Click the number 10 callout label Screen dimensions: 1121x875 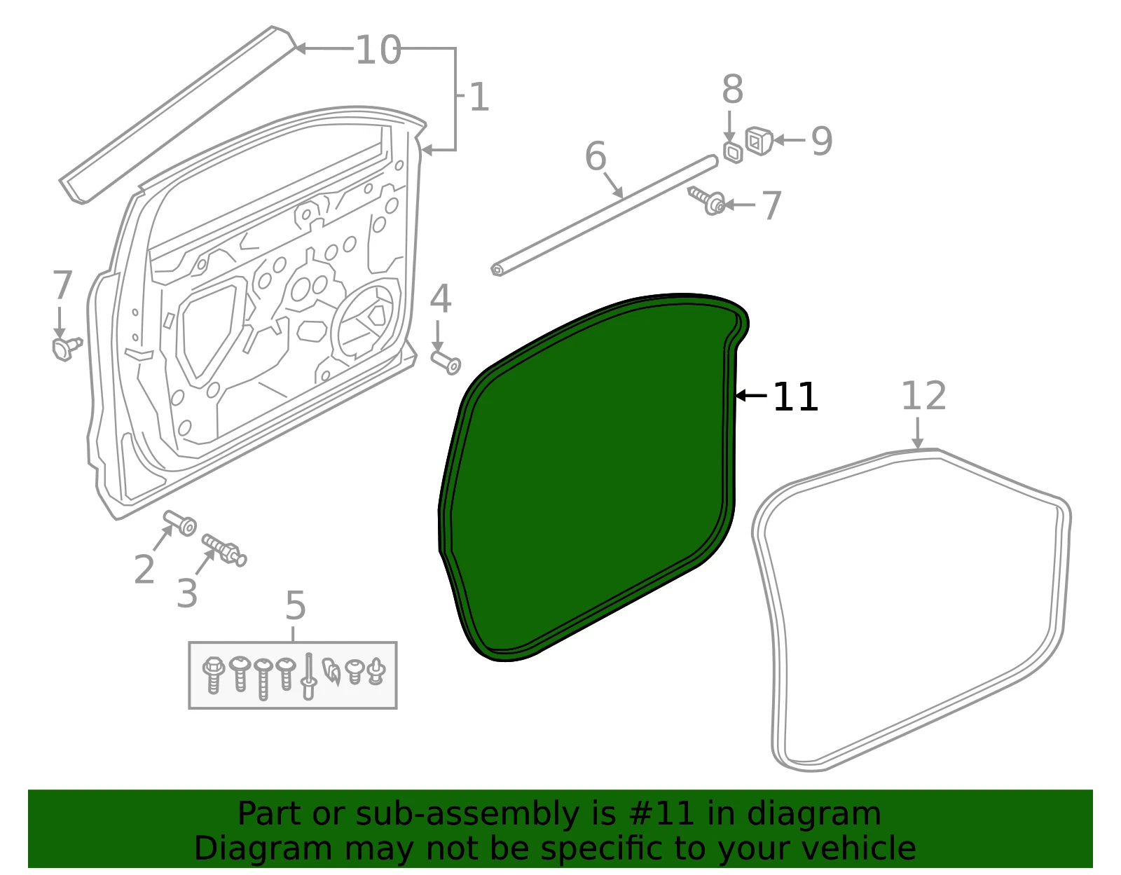(x=378, y=50)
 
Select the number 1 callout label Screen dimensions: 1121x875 (x=479, y=97)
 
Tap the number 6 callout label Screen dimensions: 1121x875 (x=596, y=156)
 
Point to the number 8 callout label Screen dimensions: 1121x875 (x=732, y=89)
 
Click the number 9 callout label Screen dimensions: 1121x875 (x=822, y=141)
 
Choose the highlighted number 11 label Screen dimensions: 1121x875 (x=795, y=397)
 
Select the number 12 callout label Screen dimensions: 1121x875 (x=923, y=396)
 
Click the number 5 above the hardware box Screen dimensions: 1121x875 (x=296, y=605)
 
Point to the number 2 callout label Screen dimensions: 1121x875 (x=144, y=570)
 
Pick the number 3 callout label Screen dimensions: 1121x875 (x=187, y=593)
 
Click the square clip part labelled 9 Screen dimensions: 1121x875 (x=759, y=140)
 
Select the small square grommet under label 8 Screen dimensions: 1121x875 (x=733, y=153)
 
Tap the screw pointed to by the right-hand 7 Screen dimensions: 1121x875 (x=706, y=200)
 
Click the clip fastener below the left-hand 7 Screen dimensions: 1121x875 (x=67, y=349)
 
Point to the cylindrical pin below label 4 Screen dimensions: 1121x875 (x=446, y=362)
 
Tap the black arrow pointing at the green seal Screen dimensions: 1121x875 (x=751, y=396)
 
